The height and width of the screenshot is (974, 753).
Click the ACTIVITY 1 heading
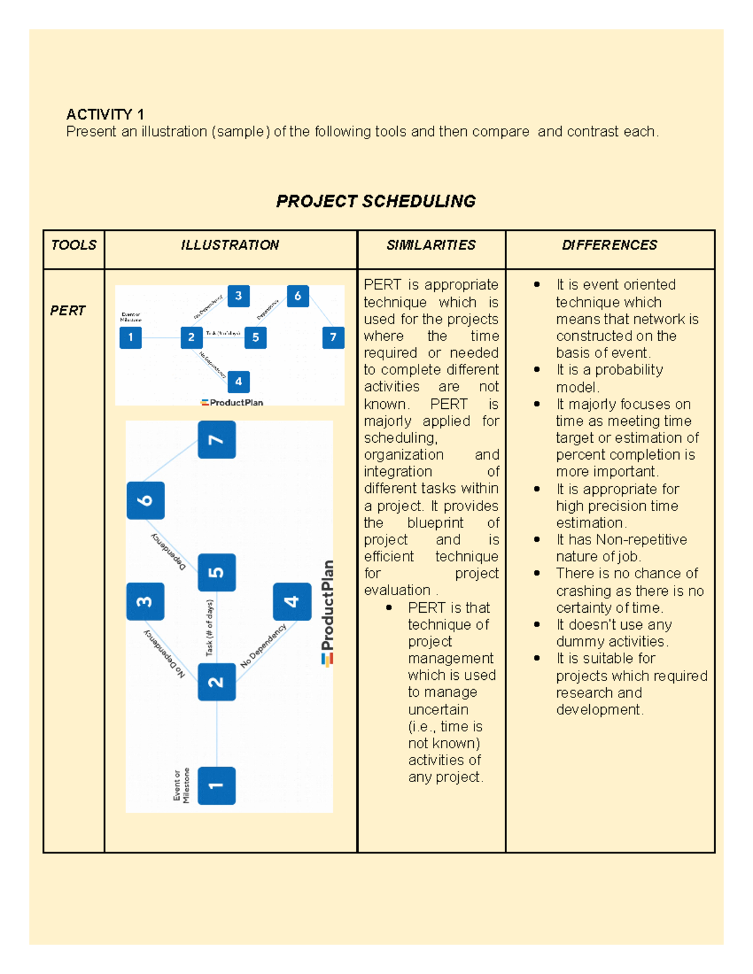105,114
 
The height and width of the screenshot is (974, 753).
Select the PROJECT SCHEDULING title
376,201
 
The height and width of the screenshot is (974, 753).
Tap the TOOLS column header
73,245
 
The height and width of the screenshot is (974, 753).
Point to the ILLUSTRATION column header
230,245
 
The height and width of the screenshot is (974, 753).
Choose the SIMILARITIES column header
431,245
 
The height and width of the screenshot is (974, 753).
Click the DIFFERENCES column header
609,245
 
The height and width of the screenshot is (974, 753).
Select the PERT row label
68,310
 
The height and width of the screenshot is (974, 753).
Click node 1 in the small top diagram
131,337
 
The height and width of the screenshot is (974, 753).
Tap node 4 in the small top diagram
238,381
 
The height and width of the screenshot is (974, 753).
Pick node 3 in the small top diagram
238,295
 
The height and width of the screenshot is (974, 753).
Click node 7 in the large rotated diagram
216,440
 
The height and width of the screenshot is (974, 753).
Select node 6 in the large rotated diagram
146,500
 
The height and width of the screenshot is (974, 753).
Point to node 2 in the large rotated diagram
216,682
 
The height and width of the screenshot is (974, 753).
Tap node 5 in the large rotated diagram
216,572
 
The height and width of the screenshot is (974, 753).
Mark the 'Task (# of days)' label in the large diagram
210,628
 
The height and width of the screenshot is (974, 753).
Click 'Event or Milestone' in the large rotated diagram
181,785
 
